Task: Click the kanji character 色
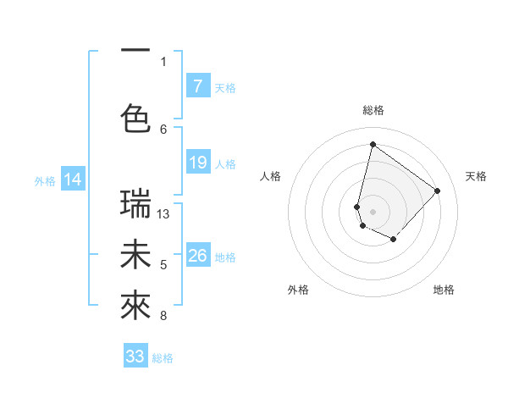[x=135, y=117]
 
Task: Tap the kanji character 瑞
[x=135, y=203]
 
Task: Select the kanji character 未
[x=135, y=255]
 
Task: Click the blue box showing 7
[x=197, y=86]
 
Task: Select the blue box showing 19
[x=197, y=163]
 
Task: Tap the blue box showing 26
[x=197, y=256]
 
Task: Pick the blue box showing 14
[x=73, y=180]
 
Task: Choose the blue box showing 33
[x=135, y=357]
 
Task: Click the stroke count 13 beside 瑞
[x=163, y=214]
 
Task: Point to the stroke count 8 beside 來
[x=163, y=317]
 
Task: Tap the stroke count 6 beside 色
[x=163, y=129]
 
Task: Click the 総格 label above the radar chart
[x=373, y=110]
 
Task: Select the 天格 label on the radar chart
[x=476, y=176]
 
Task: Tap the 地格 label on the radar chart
[x=444, y=290]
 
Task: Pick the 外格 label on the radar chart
[x=298, y=290]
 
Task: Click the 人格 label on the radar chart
[x=270, y=176]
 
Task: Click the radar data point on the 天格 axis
[x=437, y=191]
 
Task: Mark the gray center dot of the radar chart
[x=373, y=211]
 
